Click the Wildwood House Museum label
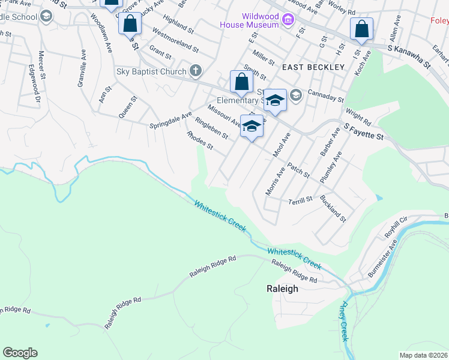249,20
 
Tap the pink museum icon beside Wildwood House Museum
288,21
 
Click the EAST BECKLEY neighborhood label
310,67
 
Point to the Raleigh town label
282,289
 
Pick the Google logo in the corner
20,353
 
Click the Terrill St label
301,200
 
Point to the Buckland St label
333,208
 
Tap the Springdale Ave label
170,121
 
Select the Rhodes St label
200,140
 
